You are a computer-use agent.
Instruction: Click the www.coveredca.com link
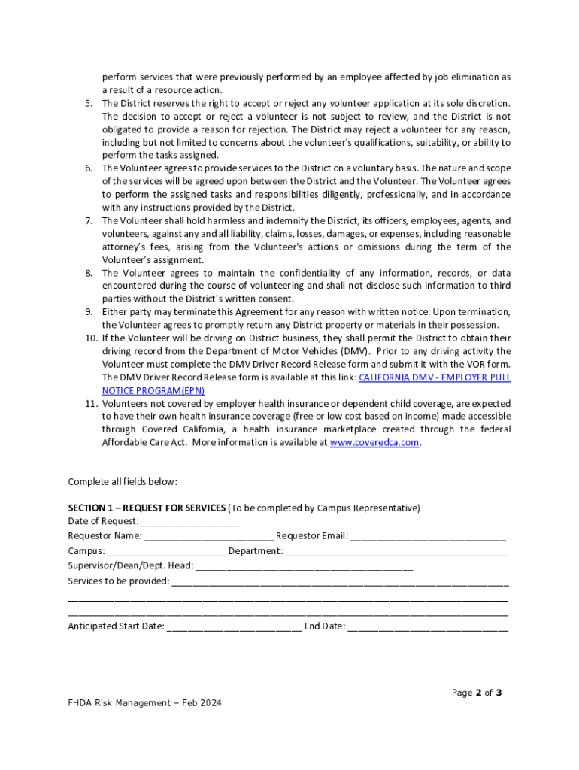click(x=374, y=443)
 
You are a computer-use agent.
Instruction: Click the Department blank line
click(x=396, y=551)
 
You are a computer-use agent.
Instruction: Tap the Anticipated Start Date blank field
click(x=234, y=626)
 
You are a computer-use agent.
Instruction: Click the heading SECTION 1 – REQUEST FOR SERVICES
click(x=147, y=508)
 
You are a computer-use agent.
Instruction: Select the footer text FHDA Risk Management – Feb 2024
click(x=145, y=703)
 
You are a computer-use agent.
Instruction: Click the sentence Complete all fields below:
click(x=123, y=481)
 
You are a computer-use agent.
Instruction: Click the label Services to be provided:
click(x=119, y=581)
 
